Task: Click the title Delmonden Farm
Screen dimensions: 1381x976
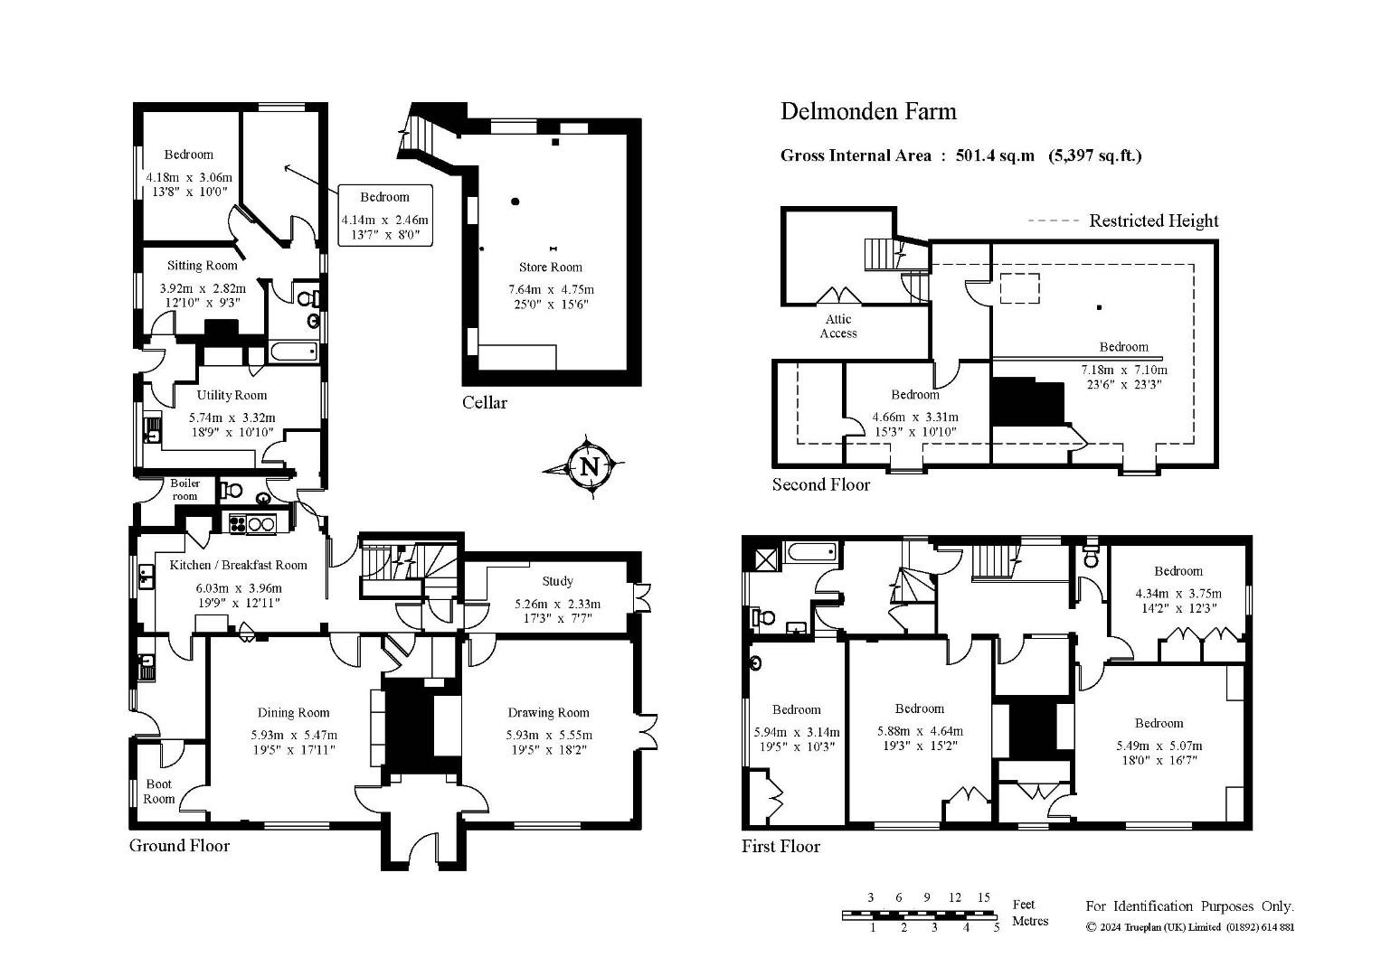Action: click(868, 111)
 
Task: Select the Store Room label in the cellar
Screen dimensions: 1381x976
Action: click(550, 267)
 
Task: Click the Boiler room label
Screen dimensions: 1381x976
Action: click(185, 489)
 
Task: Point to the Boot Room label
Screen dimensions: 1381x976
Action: click(159, 792)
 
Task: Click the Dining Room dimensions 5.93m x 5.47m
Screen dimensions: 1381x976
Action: click(294, 735)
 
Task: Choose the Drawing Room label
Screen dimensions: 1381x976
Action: click(548, 713)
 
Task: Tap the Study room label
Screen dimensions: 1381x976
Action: click(557, 581)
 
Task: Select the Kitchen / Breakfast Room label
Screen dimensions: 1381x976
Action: click(238, 565)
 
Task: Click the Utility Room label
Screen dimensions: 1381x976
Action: click(232, 395)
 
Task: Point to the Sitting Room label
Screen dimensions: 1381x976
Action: click(203, 266)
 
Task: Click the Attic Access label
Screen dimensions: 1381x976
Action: click(838, 326)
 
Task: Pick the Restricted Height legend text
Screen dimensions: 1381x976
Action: click(1153, 221)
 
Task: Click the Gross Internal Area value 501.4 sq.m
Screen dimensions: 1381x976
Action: click(995, 155)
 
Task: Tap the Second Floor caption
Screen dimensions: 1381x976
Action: click(820, 485)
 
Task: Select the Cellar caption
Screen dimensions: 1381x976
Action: click(485, 403)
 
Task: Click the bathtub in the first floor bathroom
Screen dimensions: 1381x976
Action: click(810, 552)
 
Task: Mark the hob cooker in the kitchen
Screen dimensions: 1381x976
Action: click(252, 524)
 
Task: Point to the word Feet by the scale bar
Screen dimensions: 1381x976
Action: click(1024, 905)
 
